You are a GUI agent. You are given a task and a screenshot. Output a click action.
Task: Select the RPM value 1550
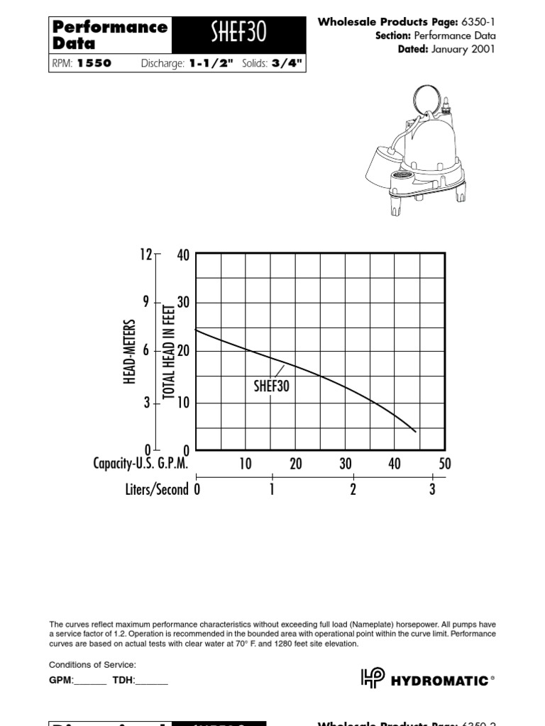click(94, 63)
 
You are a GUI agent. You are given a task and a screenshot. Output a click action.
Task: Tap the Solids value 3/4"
click(287, 63)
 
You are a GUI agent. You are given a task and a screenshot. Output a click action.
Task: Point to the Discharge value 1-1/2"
click(211, 63)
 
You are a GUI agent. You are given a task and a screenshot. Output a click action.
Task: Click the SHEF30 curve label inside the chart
click(272, 387)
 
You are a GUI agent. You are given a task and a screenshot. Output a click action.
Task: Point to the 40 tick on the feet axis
click(182, 255)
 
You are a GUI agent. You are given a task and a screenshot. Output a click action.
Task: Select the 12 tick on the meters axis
click(145, 255)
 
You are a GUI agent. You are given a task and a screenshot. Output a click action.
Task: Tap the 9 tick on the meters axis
click(146, 302)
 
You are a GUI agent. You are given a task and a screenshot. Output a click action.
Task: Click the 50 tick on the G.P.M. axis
click(444, 464)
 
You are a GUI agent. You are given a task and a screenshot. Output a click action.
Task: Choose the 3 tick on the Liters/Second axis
click(432, 489)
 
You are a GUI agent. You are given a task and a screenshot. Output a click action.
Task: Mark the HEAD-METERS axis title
click(130, 351)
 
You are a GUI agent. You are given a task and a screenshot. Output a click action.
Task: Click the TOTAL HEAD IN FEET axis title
click(169, 351)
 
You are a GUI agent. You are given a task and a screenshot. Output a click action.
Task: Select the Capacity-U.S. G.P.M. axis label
click(141, 464)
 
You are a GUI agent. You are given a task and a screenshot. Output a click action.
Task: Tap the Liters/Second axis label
click(157, 489)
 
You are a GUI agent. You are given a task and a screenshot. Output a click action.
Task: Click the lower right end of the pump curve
click(415, 430)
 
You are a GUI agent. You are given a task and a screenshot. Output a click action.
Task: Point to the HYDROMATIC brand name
click(440, 681)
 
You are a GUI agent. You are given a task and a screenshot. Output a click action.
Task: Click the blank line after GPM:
click(90, 681)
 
